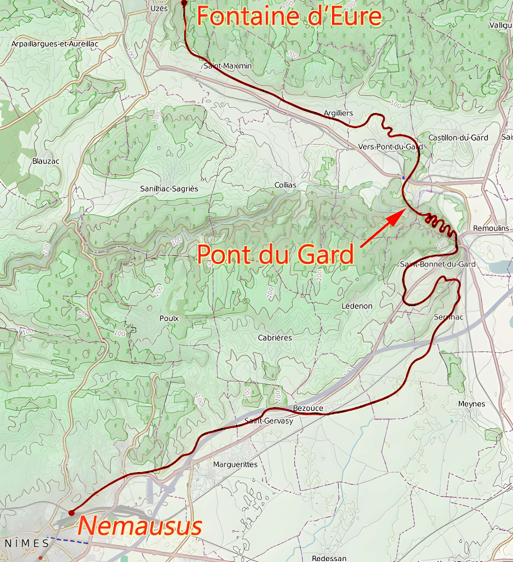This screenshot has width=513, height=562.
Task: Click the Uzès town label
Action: point(159,9)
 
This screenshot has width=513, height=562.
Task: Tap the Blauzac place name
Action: point(46,161)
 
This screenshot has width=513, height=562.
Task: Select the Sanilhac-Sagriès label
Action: point(169,189)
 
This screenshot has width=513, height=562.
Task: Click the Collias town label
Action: point(285,185)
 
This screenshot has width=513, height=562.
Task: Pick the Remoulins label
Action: point(491,228)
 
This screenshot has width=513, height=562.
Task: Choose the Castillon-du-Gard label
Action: point(458,138)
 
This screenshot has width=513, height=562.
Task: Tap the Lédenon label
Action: point(357,306)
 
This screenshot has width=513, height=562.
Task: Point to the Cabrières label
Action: point(275,338)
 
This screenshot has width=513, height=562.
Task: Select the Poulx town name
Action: point(169,318)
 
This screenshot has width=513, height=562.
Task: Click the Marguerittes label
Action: point(235,464)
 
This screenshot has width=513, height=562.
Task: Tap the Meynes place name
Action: point(471,404)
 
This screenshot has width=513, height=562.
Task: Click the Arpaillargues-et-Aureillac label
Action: point(55,44)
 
